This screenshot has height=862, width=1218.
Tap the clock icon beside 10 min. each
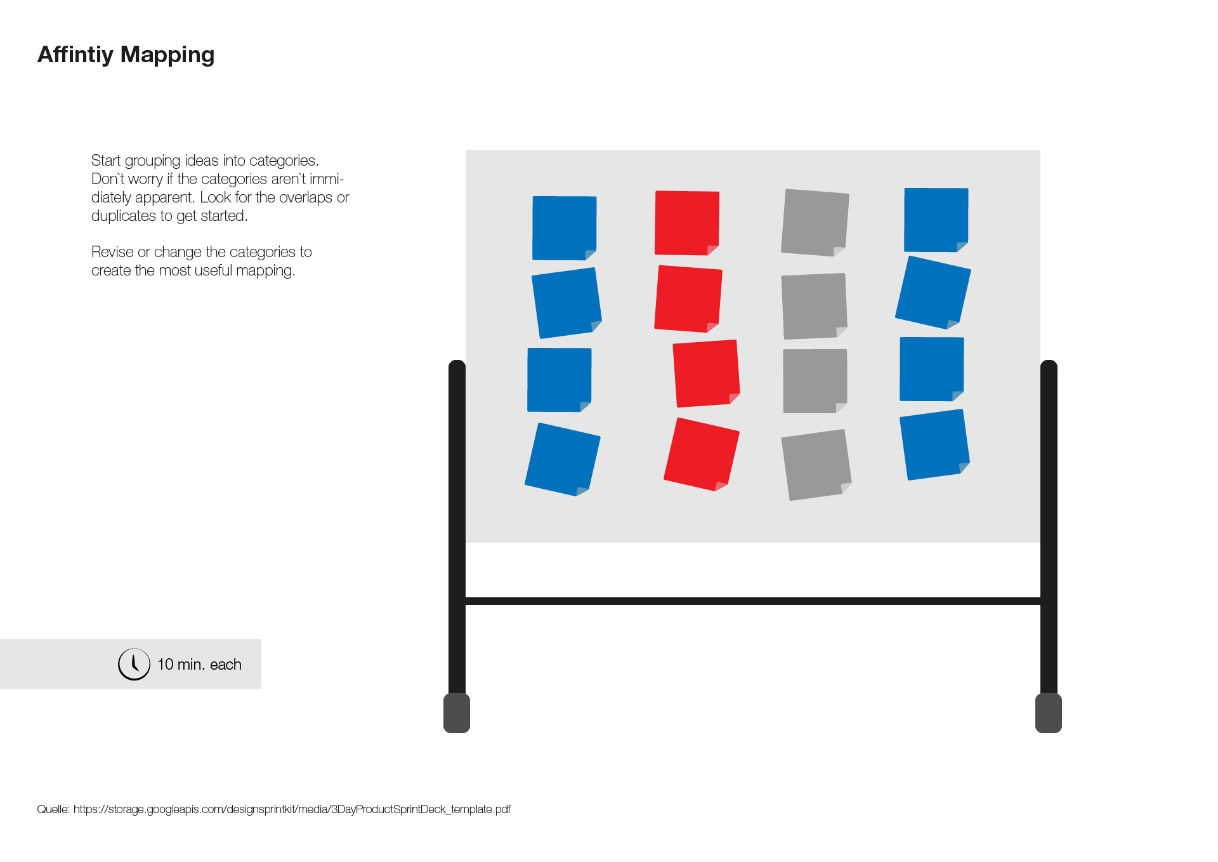[x=134, y=664]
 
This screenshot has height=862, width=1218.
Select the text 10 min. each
[x=199, y=665]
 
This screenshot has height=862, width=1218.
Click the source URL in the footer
[x=292, y=809]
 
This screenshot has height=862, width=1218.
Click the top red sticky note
[x=687, y=223]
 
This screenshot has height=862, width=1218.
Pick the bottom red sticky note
[x=702, y=454]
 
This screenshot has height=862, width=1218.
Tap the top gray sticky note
[x=815, y=223]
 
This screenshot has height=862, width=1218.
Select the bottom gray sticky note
[x=816, y=465]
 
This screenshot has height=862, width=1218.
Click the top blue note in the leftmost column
[x=565, y=228]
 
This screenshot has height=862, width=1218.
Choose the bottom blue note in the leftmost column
[x=563, y=459]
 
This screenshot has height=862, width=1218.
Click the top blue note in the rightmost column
[x=936, y=220]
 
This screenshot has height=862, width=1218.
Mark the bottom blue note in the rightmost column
[x=935, y=444]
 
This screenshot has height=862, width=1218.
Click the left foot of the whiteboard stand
[x=457, y=713]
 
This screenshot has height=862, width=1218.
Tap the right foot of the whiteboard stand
[x=1049, y=713]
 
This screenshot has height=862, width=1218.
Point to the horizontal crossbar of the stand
[x=753, y=601]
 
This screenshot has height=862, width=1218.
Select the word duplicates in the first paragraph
[x=124, y=216]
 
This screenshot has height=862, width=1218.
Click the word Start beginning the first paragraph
[x=106, y=161]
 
